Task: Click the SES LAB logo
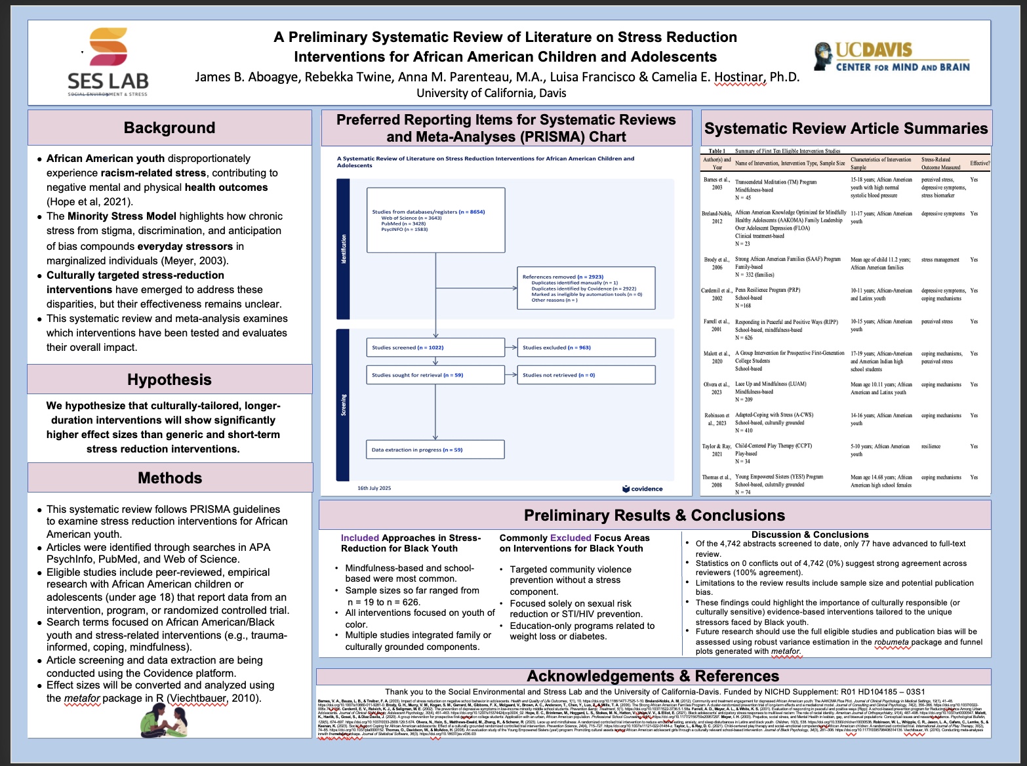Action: pyautogui.click(x=108, y=63)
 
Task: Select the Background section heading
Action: pyautogui.click(x=169, y=128)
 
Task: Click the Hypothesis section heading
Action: pyautogui.click(x=169, y=380)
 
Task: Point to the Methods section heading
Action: pyautogui.click(x=170, y=478)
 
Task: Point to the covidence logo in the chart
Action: pyautogui.click(x=643, y=489)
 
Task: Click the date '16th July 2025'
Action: pyautogui.click(x=374, y=488)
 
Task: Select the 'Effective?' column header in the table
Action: pyautogui.click(x=980, y=163)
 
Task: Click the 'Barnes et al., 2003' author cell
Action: pyautogui.click(x=717, y=184)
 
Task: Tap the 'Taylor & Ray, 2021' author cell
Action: pyautogui.click(x=717, y=450)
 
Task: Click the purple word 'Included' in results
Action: pyautogui.click(x=360, y=538)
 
